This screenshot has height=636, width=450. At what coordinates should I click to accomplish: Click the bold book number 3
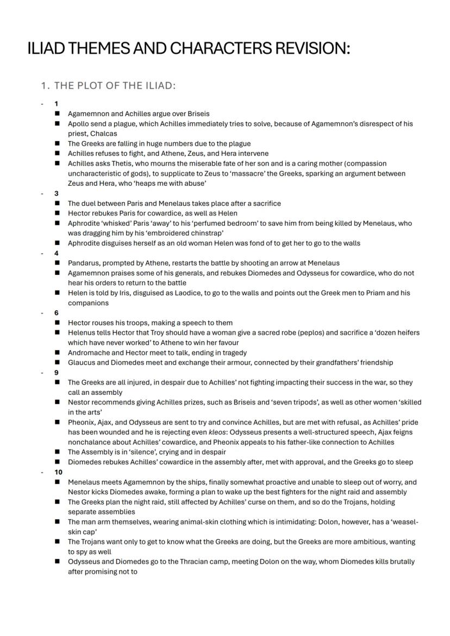[x=56, y=193]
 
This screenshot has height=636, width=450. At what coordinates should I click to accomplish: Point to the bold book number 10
[x=58, y=472]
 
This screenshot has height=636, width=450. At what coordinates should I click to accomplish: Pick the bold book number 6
[x=56, y=313]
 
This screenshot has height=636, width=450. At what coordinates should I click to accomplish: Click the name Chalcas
[x=103, y=133]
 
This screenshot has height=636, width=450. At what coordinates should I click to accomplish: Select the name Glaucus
[x=82, y=362]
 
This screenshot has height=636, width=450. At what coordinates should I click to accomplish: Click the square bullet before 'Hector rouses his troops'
[x=57, y=323]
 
